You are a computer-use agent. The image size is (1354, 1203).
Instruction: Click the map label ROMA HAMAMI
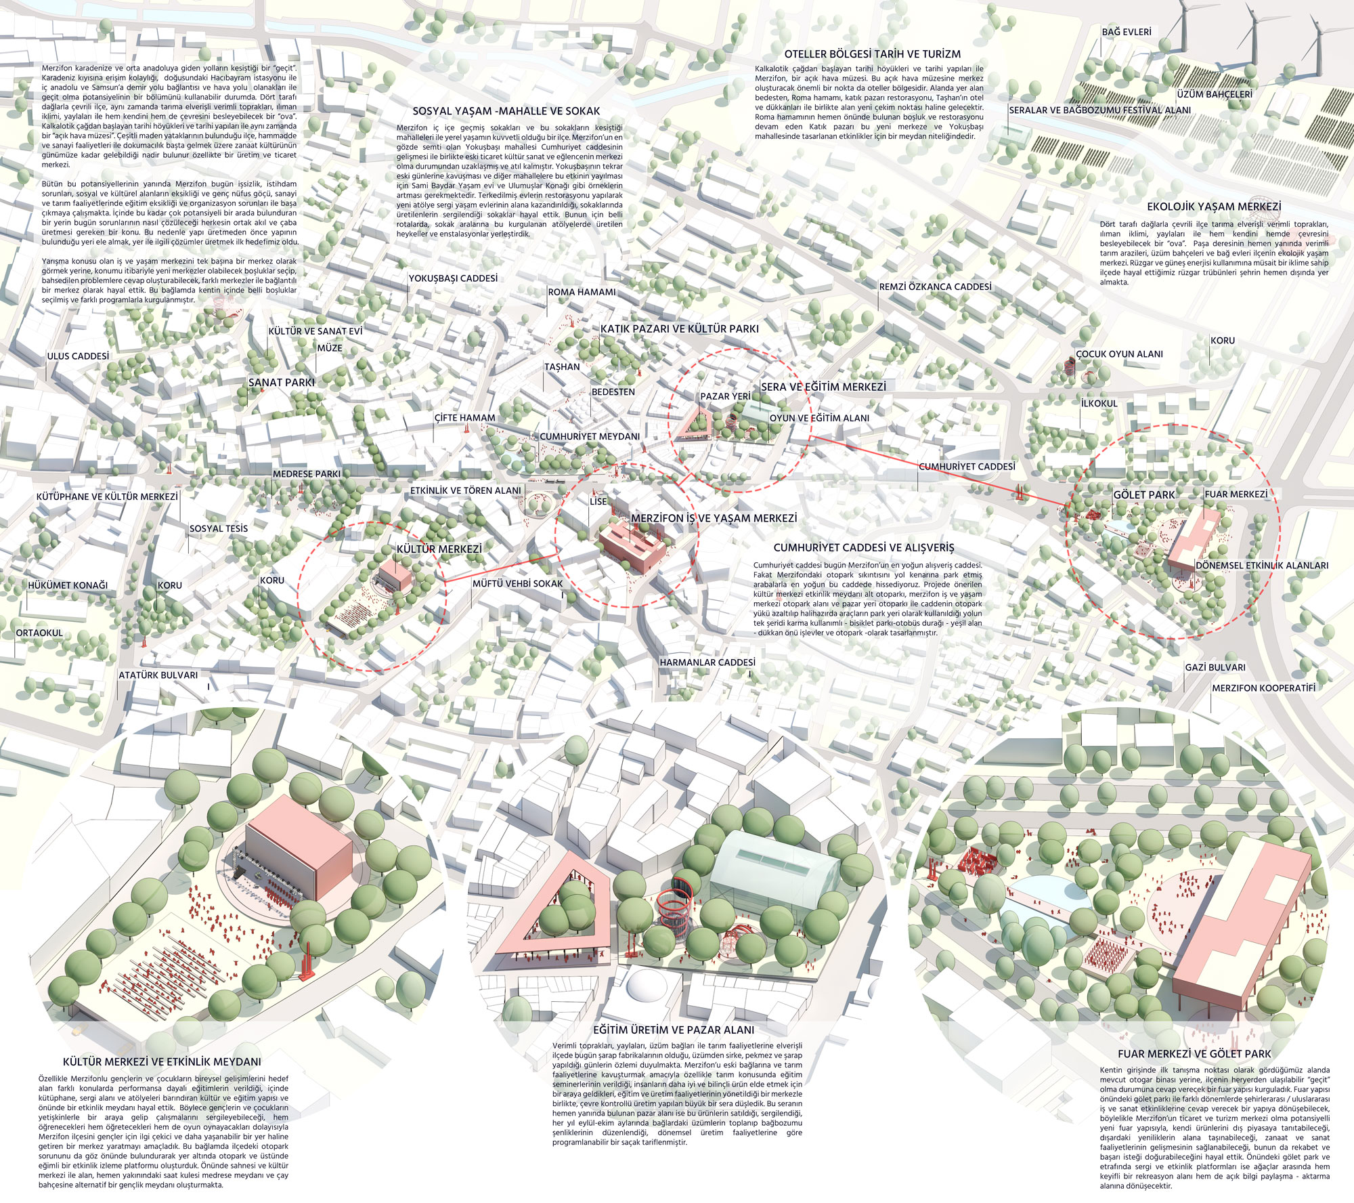[582, 292]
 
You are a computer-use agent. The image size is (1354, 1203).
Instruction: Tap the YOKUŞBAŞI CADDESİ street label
[453, 278]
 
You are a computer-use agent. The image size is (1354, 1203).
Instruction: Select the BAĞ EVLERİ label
[1127, 32]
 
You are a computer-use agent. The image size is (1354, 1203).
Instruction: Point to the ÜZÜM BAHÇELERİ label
[1215, 94]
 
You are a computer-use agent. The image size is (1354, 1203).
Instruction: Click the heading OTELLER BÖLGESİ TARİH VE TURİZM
[873, 54]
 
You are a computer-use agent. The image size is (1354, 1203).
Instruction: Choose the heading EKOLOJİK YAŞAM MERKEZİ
[1214, 207]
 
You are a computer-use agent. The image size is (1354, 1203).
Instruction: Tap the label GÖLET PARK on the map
[1144, 495]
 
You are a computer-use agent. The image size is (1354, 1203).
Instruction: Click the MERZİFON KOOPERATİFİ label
[1263, 688]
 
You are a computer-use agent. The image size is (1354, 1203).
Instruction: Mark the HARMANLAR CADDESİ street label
[707, 662]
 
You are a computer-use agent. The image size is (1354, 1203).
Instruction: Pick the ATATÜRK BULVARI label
[158, 675]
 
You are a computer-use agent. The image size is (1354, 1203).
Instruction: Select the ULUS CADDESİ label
[78, 356]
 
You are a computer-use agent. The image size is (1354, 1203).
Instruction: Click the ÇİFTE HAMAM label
[464, 418]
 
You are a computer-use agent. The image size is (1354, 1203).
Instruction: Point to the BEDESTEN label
[613, 392]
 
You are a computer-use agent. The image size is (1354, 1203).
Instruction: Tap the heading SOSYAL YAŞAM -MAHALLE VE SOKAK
[506, 111]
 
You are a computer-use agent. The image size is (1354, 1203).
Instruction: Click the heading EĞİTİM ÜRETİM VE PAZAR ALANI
[674, 1030]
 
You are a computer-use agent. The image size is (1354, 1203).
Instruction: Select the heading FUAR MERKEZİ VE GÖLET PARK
[1194, 1054]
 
